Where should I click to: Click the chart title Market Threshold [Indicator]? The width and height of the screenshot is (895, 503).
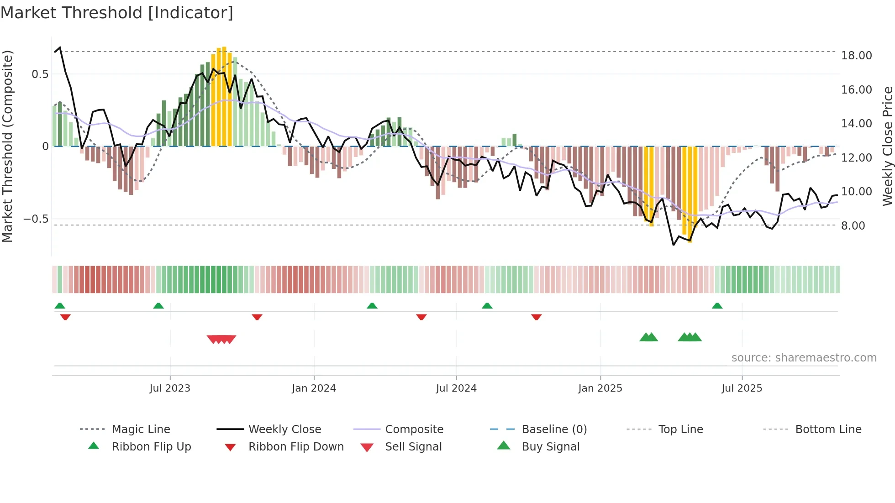(x=117, y=13)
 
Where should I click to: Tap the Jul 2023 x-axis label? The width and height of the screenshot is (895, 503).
(x=170, y=388)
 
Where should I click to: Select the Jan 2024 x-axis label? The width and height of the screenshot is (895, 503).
(x=314, y=388)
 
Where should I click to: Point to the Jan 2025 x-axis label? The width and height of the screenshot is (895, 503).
(x=600, y=388)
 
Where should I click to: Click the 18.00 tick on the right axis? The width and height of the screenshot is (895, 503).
(x=856, y=56)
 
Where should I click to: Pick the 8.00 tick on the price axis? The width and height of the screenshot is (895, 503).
(x=853, y=225)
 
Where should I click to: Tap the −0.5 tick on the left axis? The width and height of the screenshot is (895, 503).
(x=36, y=219)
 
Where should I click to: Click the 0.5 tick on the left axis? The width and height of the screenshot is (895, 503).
(x=40, y=74)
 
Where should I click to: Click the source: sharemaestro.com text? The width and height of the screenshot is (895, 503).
(x=804, y=358)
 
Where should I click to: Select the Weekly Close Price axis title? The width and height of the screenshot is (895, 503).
(x=887, y=146)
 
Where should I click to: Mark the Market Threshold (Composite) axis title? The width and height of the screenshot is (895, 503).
(x=7, y=146)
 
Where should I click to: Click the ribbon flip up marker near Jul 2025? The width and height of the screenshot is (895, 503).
(x=717, y=306)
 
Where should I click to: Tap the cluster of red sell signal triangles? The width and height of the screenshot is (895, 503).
(x=221, y=339)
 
